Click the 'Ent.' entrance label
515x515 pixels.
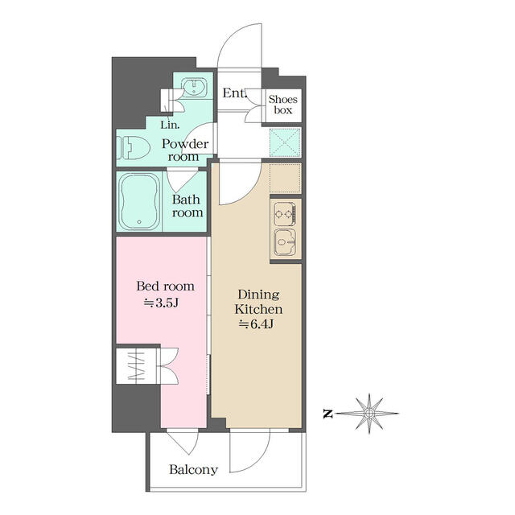pyautogui.click(x=235, y=93)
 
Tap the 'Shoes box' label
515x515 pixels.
pyautogui.click(x=283, y=105)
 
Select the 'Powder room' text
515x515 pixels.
pyautogui.click(x=185, y=150)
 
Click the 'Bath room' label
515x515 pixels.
pyautogui.click(x=187, y=206)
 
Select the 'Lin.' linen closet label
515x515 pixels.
pyautogui.click(x=170, y=125)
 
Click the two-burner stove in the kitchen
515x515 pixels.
pyautogui.click(x=285, y=214)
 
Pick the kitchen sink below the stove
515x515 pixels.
pyautogui.click(x=285, y=242)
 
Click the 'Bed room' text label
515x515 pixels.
pyautogui.click(x=165, y=286)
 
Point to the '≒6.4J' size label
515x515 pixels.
pyautogui.click(x=257, y=324)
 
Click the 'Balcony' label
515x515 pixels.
pyautogui.click(x=192, y=470)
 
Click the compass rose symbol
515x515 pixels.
pyautogui.click(x=368, y=414)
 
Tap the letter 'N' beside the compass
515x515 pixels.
pyautogui.click(x=328, y=414)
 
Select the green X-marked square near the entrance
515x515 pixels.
pyautogui.click(x=285, y=142)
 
